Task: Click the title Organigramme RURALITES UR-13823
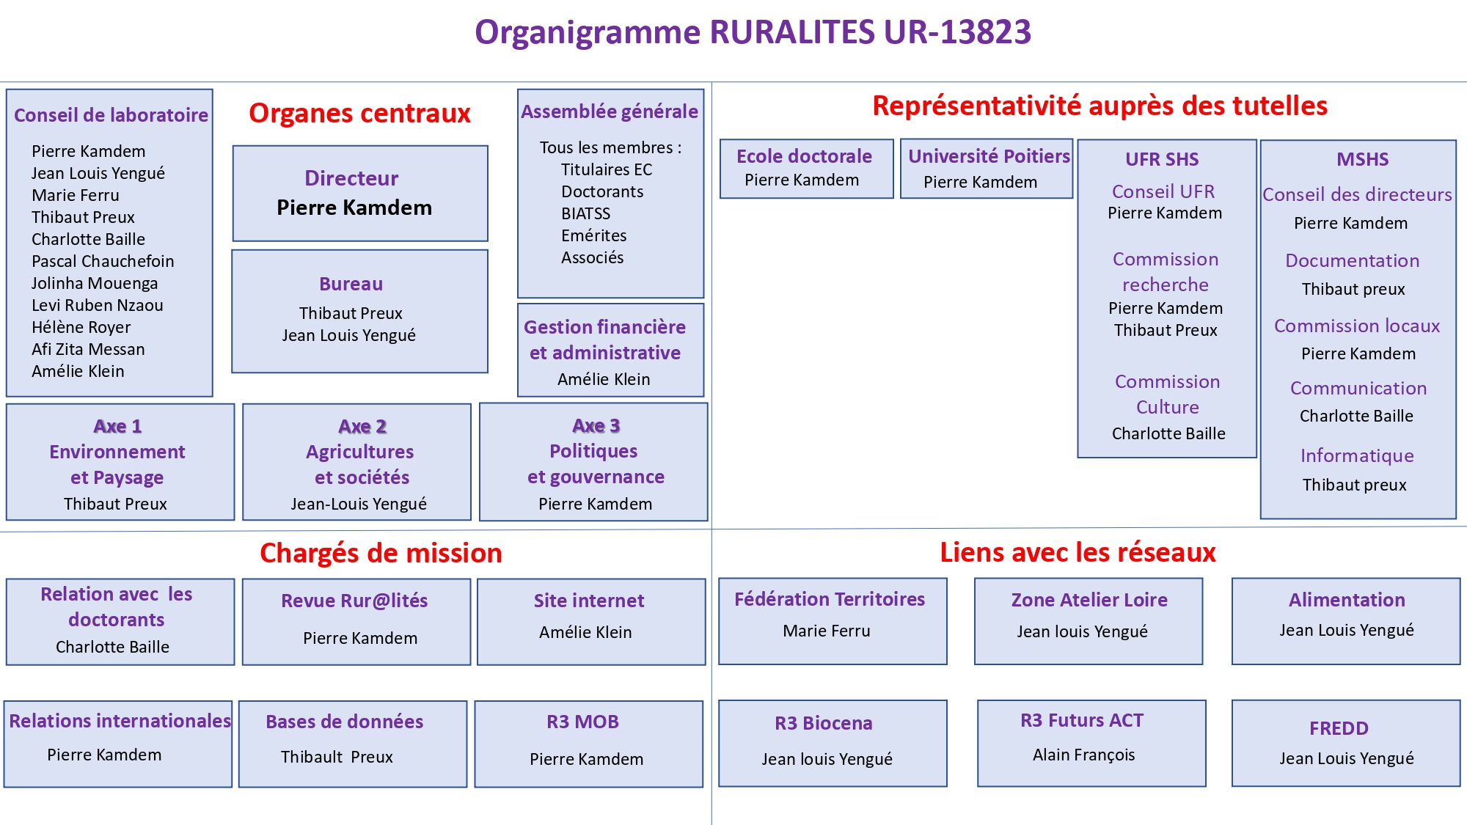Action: tap(753, 32)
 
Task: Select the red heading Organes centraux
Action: tap(359, 114)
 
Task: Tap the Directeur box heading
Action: tap(351, 178)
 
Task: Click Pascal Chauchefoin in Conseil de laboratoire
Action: tap(103, 261)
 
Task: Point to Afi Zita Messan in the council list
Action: tap(88, 349)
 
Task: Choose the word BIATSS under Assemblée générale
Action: tap(585, 213)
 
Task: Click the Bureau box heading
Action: tap(351, 284)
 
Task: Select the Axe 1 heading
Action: tap(117, 426)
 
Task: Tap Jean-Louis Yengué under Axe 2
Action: tap(358, 504)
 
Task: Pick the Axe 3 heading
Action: tap(596, 425)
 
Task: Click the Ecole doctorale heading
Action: tap(804, 156)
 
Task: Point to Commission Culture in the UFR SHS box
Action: tap(1167, 394)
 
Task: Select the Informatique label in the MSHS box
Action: tap(1357, 455)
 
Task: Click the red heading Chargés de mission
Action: tap(381, 553)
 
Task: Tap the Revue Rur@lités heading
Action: tap(354, 601)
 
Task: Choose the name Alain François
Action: tap(1083, 755)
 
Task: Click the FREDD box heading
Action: tap(1339, 728)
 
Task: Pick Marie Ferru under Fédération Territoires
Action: tap(826, 631)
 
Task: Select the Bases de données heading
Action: tap(344, 722)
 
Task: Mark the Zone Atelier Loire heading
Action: tap(1089, 600)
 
